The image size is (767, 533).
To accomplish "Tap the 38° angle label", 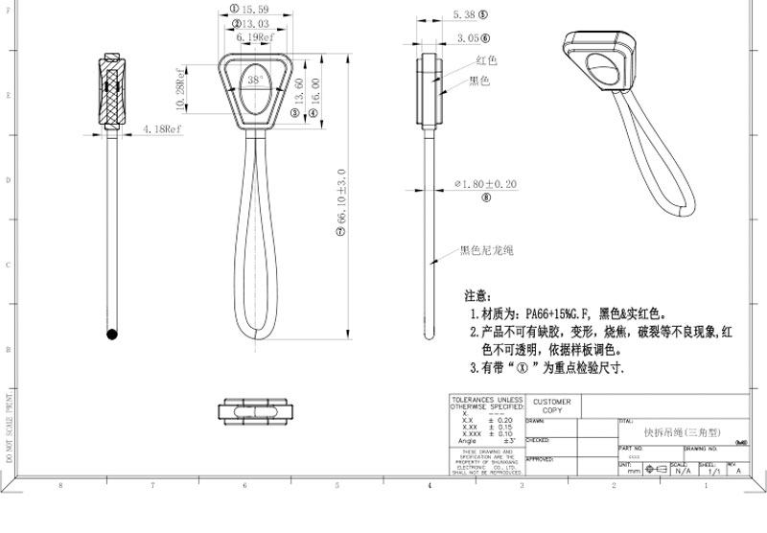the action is (x=255, y=81).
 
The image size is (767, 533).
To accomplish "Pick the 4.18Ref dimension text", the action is (x=162, y=127).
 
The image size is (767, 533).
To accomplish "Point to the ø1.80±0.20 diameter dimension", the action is (x=485, y=183).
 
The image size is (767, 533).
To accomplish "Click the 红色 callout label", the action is (x=486, y=60).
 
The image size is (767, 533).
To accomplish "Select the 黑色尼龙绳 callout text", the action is (x=487, y=251).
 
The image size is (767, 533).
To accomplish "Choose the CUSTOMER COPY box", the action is (x=551, y=406).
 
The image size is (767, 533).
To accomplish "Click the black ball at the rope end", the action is (x=112, y=336).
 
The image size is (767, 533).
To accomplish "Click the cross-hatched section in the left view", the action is (x=113, y=89).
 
